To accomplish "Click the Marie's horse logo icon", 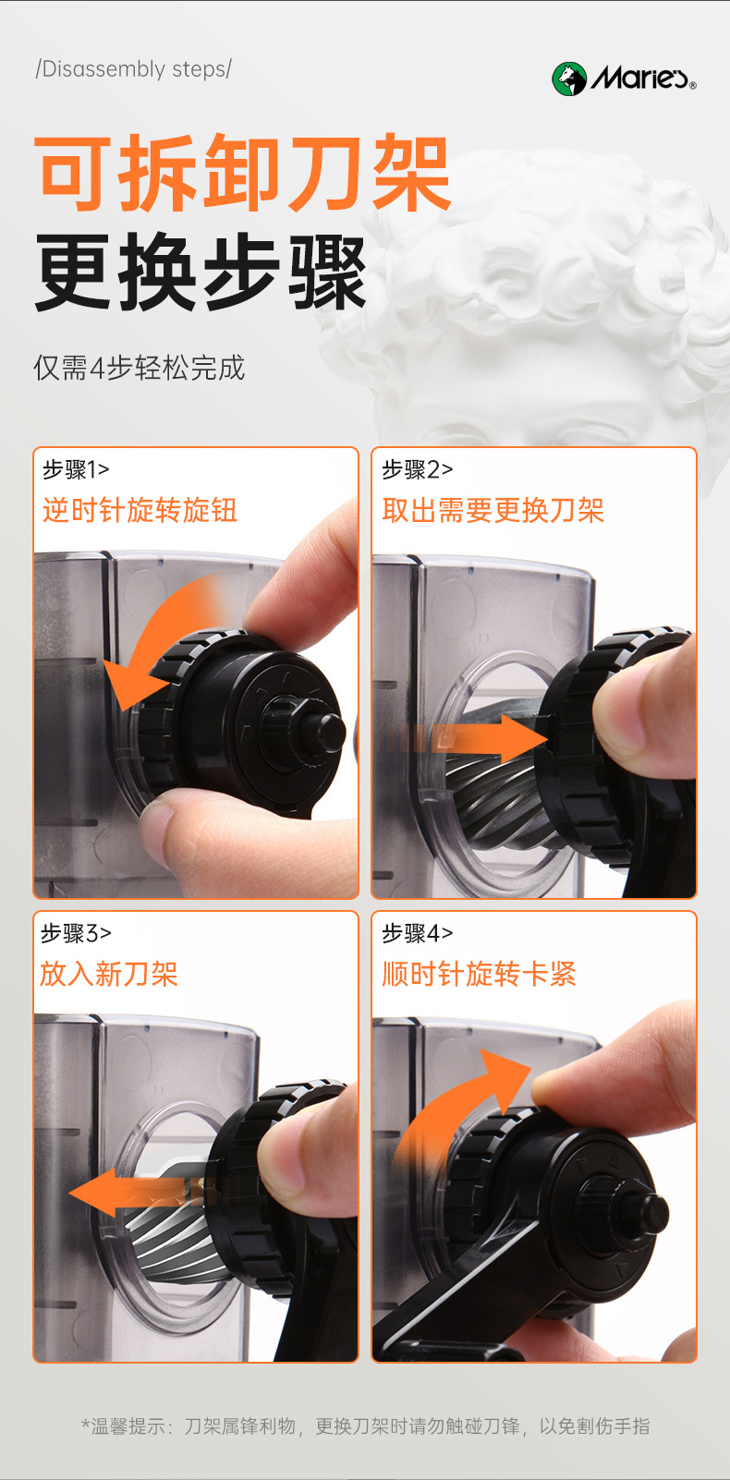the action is point(569,79).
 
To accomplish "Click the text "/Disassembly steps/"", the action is point(133,69).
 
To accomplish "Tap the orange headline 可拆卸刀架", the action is point(242,173).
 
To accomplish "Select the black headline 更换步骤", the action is point(201,273).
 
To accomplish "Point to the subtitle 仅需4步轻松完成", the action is point(140,368).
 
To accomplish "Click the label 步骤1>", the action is point(76,469).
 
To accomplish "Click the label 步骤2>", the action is point(418,469).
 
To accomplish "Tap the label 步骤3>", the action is point(76,934).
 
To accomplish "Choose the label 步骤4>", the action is point(418,934).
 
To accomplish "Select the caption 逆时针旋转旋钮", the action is point(140,511).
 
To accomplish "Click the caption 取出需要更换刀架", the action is point(493,511).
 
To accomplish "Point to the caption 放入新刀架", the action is point(109,975).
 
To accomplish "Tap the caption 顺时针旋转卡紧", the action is point(479,975).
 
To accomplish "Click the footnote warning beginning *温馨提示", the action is point(365,1426).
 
